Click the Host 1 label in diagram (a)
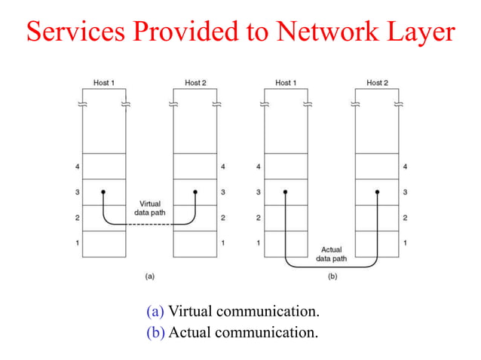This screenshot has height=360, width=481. tap(103, 83)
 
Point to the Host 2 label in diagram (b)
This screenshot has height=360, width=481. tap(377, 83)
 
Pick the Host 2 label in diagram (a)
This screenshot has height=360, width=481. tap(195, 83)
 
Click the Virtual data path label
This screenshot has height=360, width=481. tap(150, 209)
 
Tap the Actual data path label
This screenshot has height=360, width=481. tap(332, 253)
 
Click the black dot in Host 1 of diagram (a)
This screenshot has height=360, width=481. tap(103, 192)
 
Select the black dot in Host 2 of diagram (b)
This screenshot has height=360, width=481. tap(376, 192)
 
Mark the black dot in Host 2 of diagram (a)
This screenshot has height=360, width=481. tap(195, 192)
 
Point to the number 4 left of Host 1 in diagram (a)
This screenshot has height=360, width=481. tap(78, 166)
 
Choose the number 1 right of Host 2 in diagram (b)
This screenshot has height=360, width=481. tap(406, 243)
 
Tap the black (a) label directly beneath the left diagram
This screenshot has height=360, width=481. tap(149, 277)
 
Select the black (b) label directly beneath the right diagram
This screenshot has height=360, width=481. tap(332, 277)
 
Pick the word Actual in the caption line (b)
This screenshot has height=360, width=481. tap(191, 331)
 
